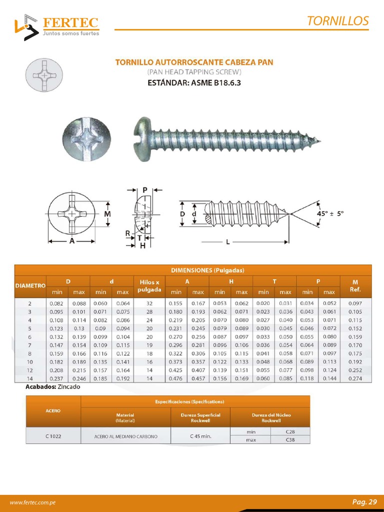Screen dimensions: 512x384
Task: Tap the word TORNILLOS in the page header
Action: pos(337,21)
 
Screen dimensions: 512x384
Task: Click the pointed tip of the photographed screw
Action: pos(319,141)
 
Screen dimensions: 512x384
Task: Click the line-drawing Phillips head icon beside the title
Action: pos(44,75)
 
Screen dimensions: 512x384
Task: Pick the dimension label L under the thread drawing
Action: pos(228,242)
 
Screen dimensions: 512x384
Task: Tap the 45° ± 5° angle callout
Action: pos(330,212)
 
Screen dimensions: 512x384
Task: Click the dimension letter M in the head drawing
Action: pos(107,213)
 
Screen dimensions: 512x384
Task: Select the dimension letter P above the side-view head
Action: pos(144,189)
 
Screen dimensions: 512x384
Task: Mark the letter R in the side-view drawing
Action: pos(128,233)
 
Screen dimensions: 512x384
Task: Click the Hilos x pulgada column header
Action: pos(150,286)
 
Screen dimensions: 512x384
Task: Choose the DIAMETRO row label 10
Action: pos(30,361)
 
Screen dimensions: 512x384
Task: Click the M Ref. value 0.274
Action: pos(355,378)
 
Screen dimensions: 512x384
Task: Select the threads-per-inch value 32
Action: pos(149,303)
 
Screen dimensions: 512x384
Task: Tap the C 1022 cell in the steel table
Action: pos(53,436)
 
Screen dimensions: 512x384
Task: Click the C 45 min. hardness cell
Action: pos(200,436)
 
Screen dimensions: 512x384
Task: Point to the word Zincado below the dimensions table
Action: pos(68,387)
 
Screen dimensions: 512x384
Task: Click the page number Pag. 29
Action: pos(364,502)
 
